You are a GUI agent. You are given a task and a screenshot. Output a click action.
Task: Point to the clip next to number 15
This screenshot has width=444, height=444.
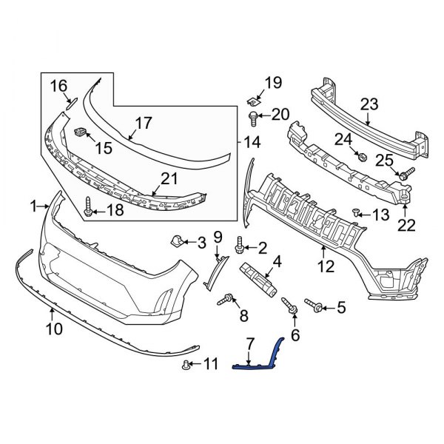click(82, 133)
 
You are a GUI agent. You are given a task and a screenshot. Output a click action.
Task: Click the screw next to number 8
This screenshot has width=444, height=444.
click(226, 299)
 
